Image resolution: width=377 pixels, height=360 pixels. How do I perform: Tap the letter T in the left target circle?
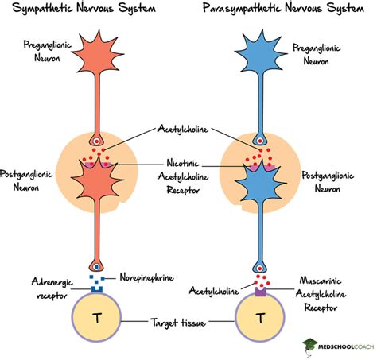pyautogui.click(x=98, y=318)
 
